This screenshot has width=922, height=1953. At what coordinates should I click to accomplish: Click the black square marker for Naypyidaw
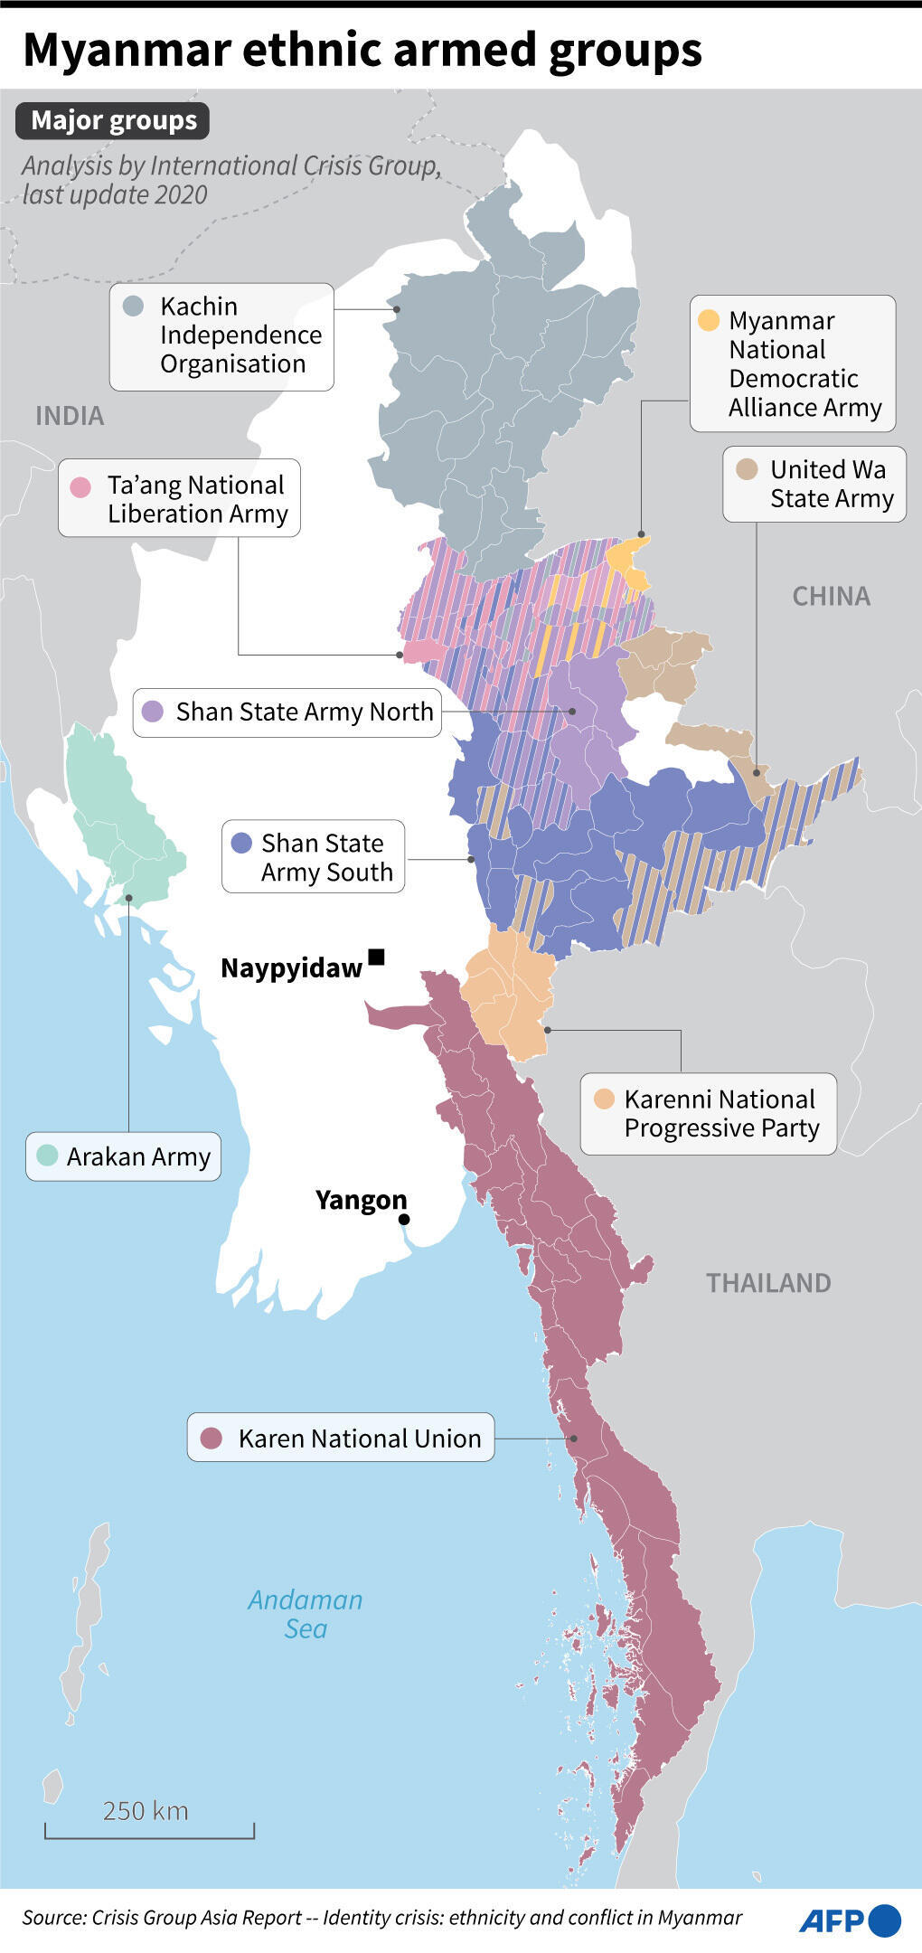[x=377, y=957]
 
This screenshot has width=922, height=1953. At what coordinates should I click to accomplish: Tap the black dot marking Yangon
[x=404, y=1220]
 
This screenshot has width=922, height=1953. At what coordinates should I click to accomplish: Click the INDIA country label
[x=70, y=416]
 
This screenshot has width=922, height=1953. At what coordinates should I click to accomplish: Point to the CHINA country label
[x=831, y=596]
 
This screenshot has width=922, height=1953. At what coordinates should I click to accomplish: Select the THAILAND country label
[x=768, y=1283]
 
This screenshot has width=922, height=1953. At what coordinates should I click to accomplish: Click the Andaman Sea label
[x=306, y=1614]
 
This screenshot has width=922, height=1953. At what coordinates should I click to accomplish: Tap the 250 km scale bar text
[x=146, y=1810]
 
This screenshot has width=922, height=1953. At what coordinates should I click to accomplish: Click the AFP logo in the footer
[x=849, y=1920]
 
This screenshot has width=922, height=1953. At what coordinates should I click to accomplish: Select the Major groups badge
[x=113, y=120]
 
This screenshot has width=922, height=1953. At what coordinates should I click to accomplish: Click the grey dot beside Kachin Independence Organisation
[x=133, y=306]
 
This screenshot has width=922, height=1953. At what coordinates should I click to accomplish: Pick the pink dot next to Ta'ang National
[x=80, y=486]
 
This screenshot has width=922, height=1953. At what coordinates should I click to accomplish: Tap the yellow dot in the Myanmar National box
[x=709, y=320]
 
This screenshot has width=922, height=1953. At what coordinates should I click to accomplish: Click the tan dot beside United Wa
[x=747, y=469]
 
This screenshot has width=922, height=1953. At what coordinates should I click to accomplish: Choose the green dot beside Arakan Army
[x=47, y=1156]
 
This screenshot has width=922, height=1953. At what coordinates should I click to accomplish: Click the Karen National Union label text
[x=360, y=1438]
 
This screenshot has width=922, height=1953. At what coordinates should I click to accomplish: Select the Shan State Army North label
[x=305, y=712]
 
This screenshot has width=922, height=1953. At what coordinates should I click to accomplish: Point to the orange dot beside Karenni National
[x=604, y=1099]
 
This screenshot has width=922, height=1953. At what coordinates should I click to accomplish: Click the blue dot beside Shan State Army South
[x=241, y=843]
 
